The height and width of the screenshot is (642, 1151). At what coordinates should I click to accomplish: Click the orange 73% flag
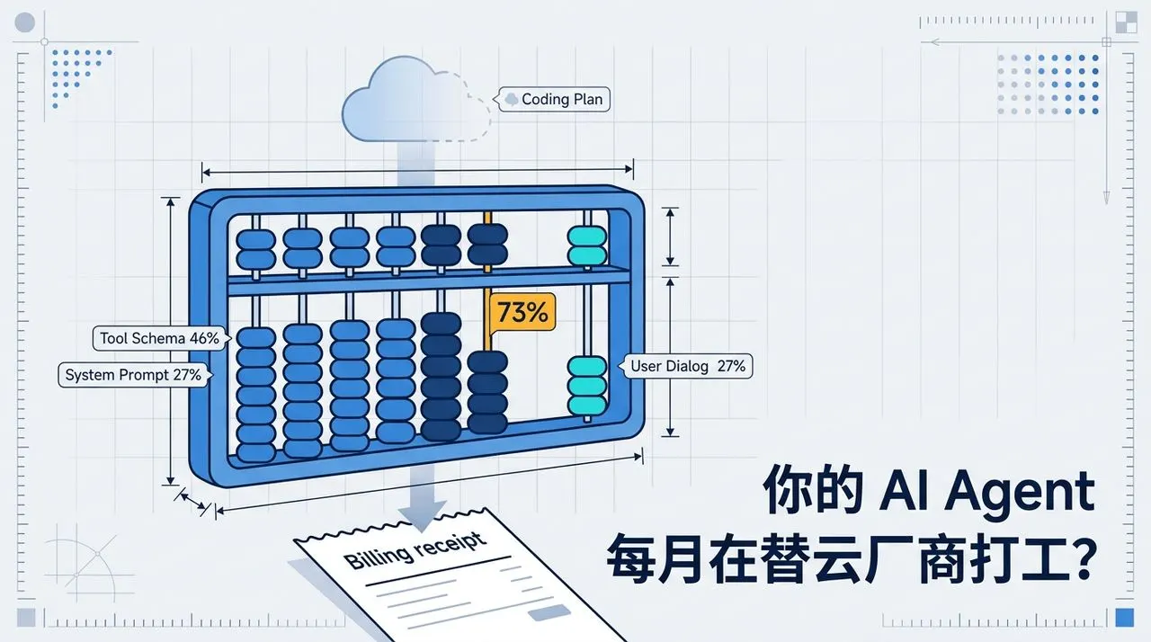click(522, 312)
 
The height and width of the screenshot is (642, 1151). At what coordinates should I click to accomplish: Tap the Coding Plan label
click(554, 99)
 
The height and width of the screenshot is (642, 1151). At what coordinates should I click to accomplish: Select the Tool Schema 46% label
click(160, 338)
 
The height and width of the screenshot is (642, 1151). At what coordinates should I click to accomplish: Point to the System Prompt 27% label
click(134, 375)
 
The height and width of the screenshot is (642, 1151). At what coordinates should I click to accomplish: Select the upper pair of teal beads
click(587, 246)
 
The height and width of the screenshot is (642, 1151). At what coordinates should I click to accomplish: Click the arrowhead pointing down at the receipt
click(422, 515)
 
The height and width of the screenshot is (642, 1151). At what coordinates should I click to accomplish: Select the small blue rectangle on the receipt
click(549, 612)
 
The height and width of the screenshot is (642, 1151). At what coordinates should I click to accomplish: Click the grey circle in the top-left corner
click(24, 22)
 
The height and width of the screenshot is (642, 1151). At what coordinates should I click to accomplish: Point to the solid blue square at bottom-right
click(1124, 618)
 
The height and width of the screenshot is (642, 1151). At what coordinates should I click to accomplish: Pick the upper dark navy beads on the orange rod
click(487, 245)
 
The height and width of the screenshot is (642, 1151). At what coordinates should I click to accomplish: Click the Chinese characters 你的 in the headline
click(813, 489)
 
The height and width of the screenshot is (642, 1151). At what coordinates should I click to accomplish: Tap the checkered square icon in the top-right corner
click(1126, 22)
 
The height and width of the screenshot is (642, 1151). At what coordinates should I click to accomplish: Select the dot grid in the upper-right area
click(1048, 85)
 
